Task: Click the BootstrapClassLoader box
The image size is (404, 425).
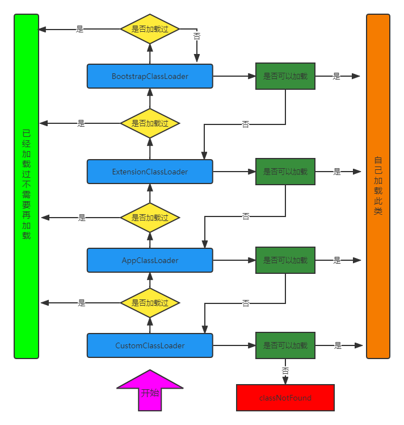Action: pos(150,76)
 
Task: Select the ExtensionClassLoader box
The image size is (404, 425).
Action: pos(150,172)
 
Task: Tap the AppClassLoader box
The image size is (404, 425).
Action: pos(150,260)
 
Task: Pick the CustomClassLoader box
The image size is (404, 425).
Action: pos(150,345)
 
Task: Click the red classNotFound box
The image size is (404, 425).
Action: pos(285,398)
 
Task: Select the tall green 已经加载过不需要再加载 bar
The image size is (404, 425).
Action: pos(26,186)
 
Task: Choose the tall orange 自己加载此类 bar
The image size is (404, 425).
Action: pos(378,186)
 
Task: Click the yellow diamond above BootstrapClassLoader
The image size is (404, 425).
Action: pos(150,29)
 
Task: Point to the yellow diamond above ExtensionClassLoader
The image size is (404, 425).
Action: pos(150,123)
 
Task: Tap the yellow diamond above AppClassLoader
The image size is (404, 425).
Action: pos(150,218)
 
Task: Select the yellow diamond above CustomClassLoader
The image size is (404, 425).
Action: pos(150,303)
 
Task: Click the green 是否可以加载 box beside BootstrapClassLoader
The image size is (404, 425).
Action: pos(285,76)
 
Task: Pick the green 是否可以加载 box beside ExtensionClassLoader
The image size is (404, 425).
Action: pos(285,172)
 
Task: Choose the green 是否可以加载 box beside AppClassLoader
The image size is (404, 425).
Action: pos(285,260)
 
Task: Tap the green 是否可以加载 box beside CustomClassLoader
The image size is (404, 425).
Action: pos(285,345)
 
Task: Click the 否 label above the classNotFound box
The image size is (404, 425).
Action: pos(285,370)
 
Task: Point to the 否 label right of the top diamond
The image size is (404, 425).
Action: pos(197,36)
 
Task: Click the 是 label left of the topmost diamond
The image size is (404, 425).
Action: pos(79,29)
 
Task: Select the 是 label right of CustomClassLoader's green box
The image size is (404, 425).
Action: pos(338,345)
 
